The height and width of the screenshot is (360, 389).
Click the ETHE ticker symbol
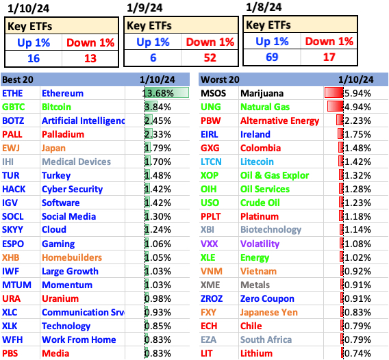[12, 93]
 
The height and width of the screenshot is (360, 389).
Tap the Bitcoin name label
[57, 107]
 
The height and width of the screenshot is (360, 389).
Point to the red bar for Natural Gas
[334, 107]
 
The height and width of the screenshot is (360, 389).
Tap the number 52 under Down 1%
[210, 57]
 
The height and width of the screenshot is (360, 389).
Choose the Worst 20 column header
[220, 79]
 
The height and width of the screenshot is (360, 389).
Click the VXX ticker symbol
[210, 244]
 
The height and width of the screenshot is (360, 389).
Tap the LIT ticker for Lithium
[207, 353]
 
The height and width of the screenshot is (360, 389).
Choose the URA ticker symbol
[11, 298]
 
